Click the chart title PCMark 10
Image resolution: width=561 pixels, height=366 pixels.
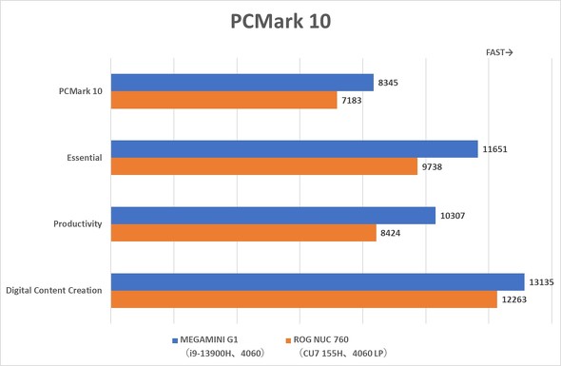point(280,21)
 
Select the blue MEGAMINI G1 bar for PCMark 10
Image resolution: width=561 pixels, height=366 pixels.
point(242,83)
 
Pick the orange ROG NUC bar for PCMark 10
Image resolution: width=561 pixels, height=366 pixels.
point(223,100)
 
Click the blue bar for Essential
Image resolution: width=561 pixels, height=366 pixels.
point(294,149)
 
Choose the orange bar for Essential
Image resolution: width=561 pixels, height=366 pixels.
point(264,166)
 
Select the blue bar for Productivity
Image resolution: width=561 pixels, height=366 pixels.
point(273,216)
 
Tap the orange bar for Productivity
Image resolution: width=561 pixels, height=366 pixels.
point(243,233)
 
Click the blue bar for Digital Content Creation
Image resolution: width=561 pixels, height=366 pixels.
point(318,281)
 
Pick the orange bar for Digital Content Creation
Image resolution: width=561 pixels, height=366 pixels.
point(303,299)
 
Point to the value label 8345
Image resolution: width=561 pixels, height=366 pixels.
point(387,84)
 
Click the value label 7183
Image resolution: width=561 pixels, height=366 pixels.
point(351,101)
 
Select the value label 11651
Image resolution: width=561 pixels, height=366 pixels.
point(494,150)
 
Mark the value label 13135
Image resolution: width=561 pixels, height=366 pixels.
point(542,281)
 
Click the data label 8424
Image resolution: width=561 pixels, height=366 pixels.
point(390,234)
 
